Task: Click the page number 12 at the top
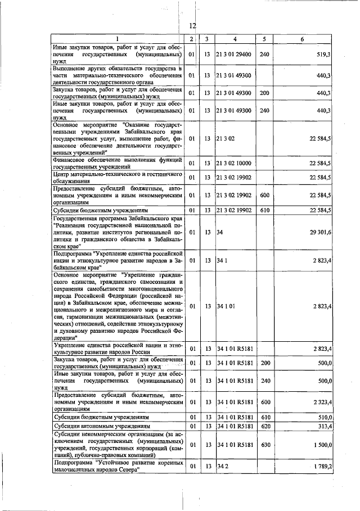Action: click(192, 26)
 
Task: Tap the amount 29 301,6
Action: click(320, 232)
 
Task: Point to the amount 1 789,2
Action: click(321, 466)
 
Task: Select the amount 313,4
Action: click(324, 427)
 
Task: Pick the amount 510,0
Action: click(324, 418)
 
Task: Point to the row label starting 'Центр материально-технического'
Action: click(117, 178)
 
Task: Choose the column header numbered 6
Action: click(302, 39)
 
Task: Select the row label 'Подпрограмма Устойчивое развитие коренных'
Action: click(117, 466)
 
